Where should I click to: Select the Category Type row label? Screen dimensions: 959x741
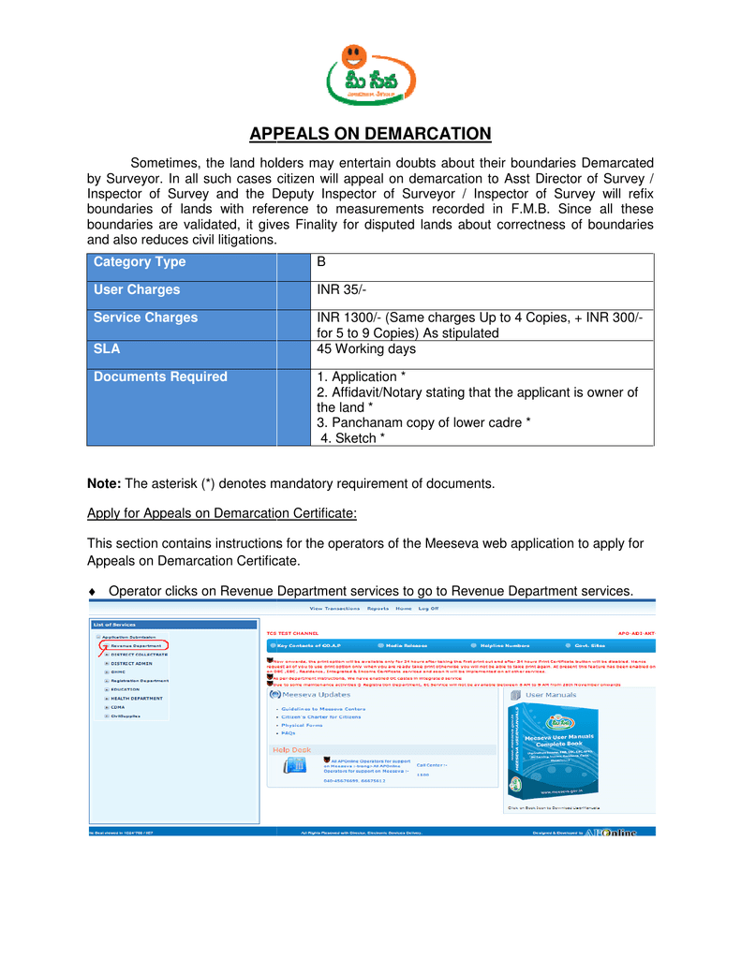pyautogui.click(x=140, y=262)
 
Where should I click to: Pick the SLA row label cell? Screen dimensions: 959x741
pyautogui.click(x=107, y=349)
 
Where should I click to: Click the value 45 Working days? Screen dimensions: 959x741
pyautogui.click(x=366, y=349)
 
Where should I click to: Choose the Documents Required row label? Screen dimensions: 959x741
pyautogui.click(x=160, y=376)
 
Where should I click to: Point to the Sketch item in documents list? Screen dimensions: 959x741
pyautogui.click(x=352, y=438)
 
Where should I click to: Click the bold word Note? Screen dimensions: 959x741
pyautogui.click(x=104, y=484)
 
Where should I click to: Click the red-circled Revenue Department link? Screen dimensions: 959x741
pyautogui.click(x=136, y=645)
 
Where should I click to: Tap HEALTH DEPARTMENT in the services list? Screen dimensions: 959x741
pyautogui.click(x=138, y=698)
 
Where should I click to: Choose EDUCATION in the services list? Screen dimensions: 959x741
pyautogui.click(x=126, y=689)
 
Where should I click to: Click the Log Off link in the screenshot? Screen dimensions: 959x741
pyautogui.click(x=428, y=609)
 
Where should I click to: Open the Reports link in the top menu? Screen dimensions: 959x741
pyautogui.click(x=378, y=609)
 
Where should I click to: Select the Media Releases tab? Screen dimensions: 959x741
pyautogui.click(x=406, y=646)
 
